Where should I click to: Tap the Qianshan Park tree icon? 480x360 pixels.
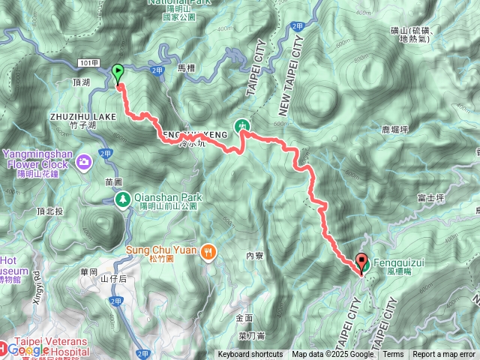coord(122,199)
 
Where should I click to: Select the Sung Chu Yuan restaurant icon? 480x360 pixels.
coord(208,253)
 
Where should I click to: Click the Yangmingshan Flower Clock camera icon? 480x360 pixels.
coord(83,160)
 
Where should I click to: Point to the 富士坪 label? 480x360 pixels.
coord(430,197)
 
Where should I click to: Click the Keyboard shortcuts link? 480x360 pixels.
coord(250,355)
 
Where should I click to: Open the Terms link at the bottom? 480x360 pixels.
coord(393,355)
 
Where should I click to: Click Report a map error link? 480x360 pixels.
coord(445,355)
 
